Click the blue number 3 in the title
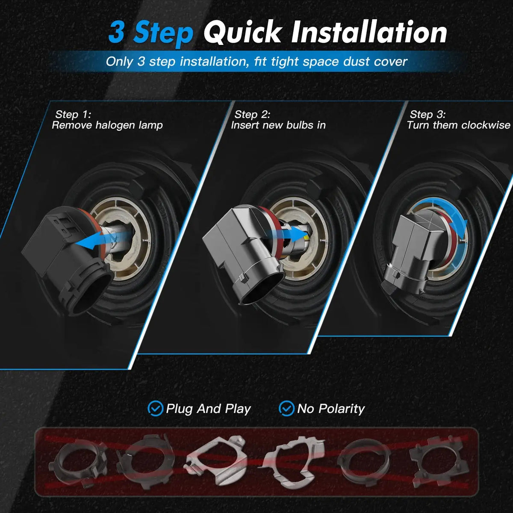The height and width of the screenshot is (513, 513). click(117, 32)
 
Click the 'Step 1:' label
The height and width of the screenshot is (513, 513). click(73, 115)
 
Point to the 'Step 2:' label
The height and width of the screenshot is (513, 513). click(252, 115)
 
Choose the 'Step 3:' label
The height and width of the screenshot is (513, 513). click(427, 115)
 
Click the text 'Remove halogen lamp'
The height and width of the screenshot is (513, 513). click(107, 125)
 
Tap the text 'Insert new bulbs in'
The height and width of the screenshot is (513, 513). click(278, 125)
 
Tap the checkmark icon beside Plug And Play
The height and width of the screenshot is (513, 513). click(155, 408)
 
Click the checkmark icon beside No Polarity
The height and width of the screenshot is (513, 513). click(286, 408)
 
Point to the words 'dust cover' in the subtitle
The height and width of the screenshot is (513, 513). click(375, 62)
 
